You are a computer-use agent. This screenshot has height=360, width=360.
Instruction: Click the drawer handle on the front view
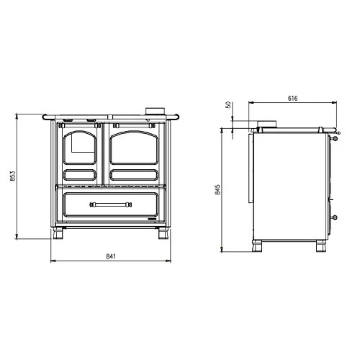coord(110,204)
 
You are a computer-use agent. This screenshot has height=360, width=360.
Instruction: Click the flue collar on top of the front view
coord(153,112)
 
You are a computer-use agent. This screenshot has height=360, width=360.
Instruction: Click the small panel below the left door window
coord(81,174)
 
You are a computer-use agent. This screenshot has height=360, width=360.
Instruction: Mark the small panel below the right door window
coord(134,174)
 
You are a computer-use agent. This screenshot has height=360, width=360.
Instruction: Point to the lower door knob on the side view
coord(334,216)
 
